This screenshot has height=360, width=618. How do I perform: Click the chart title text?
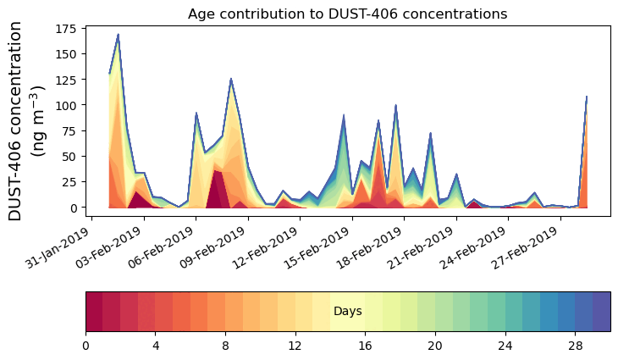coord(347,14)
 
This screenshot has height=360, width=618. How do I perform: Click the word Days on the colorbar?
coord(347,312)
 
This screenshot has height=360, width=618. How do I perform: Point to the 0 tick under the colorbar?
coord(86,346)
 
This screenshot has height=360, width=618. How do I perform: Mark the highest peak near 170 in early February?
coord(119,35)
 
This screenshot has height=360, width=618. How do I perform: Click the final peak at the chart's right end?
coord(587,97)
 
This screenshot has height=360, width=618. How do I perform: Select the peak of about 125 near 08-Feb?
coord(231,79)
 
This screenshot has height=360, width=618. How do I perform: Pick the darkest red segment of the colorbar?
coord(94,311)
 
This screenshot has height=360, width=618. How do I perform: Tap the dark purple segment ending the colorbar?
coord(601,311)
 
